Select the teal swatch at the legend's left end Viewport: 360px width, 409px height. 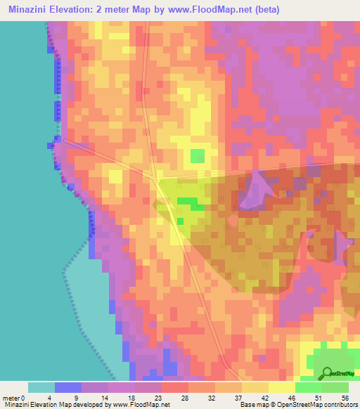(41, 387)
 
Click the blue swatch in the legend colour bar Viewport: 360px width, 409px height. (68, 387)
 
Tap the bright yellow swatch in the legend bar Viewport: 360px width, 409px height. (282, 387)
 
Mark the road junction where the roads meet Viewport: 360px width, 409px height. (153, 174)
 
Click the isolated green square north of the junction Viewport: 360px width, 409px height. (198, 155)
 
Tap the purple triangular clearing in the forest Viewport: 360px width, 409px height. (257, 190)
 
